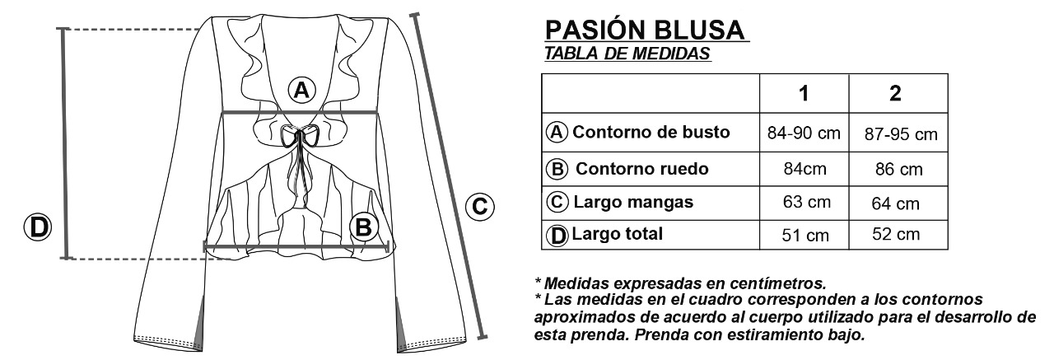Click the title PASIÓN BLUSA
tap(646, 30)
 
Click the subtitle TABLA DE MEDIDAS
tap(628, 54)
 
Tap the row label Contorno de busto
tap(651, 133)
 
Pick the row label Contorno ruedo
tap(641, 169)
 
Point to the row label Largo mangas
tap(632, 202)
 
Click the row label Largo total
tap(617, 234)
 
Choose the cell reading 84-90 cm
tap(803, 133)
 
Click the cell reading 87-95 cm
tap(901, 134)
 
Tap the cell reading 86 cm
tap(899, 171)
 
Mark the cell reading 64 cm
tap(896, 203)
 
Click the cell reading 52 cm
tap(896, 235)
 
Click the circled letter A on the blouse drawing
tap(302, 89)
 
